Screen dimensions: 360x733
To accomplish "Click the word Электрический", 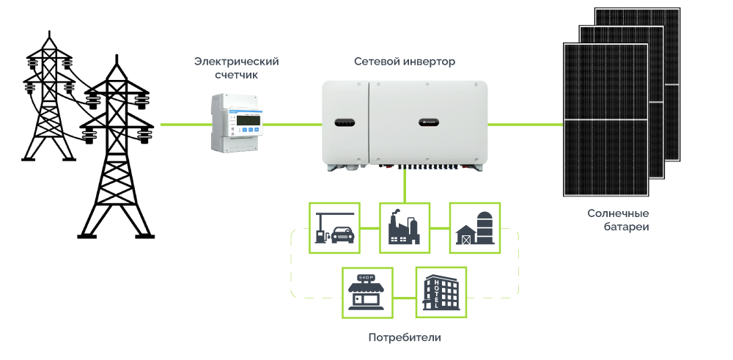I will (x=236, y=62).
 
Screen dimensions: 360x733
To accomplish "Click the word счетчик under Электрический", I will (x=236, y=76).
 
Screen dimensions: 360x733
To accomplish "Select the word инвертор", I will (x=430, y=62).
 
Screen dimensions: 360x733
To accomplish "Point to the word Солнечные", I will (x=618, y=213).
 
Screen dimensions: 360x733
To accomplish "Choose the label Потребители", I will (x=405, y=338).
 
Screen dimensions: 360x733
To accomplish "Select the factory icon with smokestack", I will (x=403, y=228).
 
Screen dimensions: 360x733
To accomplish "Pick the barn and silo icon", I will (x=474, y=228).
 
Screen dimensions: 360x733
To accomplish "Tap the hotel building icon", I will (x=441, y=292).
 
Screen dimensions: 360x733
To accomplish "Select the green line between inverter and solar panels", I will (x=525, y=125).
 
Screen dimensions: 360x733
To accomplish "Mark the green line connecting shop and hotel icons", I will (x=404, y=298).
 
